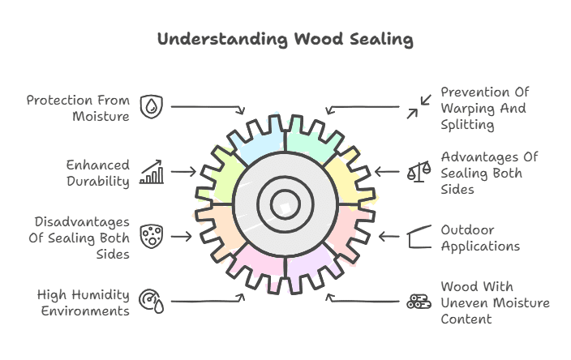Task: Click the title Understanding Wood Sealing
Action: [285, 39]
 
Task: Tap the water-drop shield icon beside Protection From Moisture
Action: [151, 107]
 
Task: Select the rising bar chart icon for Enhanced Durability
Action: [151, 172]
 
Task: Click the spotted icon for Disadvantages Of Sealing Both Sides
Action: [151, 236]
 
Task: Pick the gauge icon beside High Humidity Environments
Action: [151, 301]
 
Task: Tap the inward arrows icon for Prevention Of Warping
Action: [419, 107]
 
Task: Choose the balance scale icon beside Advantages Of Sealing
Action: [419, 172]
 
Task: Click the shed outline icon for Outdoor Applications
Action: [419, 237]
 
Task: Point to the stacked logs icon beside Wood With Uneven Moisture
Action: [419, 302]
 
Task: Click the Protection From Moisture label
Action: [78, 108]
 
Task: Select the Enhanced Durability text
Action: [98, 173]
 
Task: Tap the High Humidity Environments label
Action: [83, 302]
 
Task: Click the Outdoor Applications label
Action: [480, 238]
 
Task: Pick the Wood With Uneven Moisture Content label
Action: [495, 302]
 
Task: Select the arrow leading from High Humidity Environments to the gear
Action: [208, 301]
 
